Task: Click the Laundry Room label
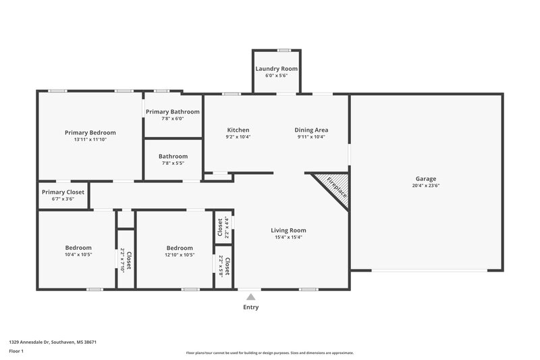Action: [x=276, y=69]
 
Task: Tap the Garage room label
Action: [x=425, y=178]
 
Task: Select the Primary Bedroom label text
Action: [x=90, y=132]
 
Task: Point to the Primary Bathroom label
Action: [x=173, y=111]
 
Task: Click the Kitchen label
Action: [x=238, y=130]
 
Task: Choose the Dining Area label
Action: [x=311, y=130]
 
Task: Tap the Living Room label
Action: [x=289, y=230]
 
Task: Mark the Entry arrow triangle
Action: [x=250, y=296]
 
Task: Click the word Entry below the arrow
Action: [x=250, y=307]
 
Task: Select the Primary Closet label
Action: [x=63, y=192]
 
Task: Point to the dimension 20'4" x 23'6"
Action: [x=425, y=186]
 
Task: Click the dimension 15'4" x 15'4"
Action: [x=289, y=238]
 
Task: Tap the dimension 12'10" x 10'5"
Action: [x=180, y=255]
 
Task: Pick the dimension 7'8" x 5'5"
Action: [x=173, y=163]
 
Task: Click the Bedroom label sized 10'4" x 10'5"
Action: [x=78, y=248]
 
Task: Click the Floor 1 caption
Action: [x=18, y=352]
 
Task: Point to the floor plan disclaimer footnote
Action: [x=270, y=353]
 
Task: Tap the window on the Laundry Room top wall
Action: [x=284, y=50]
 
